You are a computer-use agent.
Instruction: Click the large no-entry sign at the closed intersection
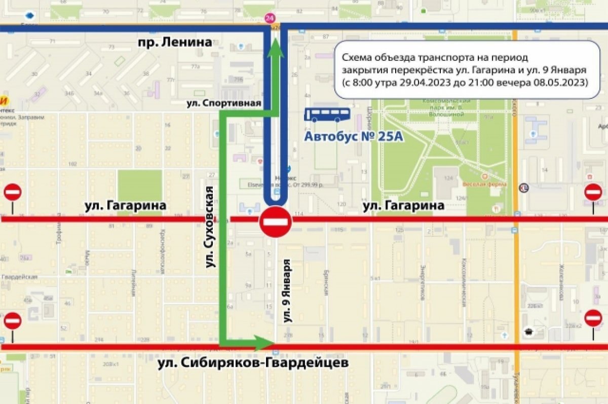click(x=276, y=222)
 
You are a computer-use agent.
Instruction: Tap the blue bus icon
click(x=327, y=115)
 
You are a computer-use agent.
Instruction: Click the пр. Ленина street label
click(x=174, y=43)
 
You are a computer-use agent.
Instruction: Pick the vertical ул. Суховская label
click(x=209, y=227)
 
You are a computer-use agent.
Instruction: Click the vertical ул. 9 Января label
click(x=288, y=291)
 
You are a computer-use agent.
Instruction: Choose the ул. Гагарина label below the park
click(x=404, y=205)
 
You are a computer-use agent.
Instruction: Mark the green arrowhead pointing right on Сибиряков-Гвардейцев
click(x=264, y=342)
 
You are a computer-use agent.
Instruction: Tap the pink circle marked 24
click(x=270, y=19)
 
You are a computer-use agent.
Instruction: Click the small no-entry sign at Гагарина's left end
click(x=13, y=193)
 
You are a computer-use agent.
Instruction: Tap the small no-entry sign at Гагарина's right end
click(x=593, y=192)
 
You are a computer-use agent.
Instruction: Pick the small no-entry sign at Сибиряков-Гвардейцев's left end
click(x=13, y=321)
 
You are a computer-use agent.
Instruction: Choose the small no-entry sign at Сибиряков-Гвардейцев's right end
click(x=593, y=318)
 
